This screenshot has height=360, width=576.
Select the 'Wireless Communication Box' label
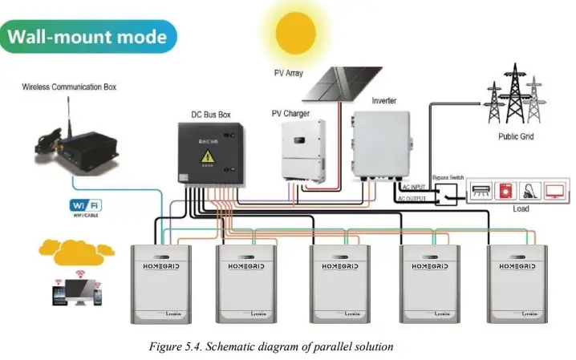[69, 87]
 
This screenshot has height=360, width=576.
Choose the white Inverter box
[382, 146]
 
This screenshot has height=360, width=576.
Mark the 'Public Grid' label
[516, 137]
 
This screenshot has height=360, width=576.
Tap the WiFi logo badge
[85, 206]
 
